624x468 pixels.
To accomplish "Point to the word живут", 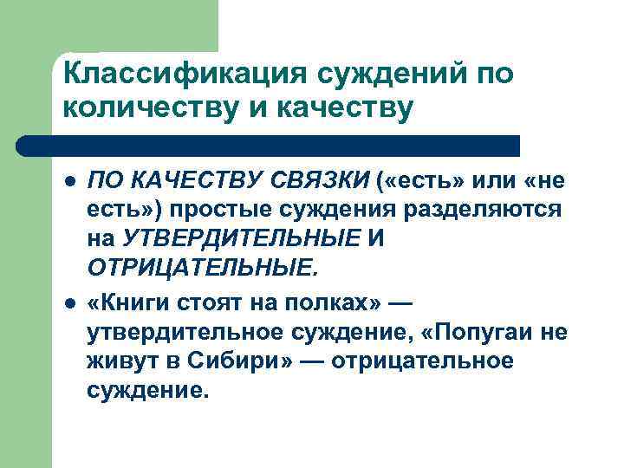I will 118,358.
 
